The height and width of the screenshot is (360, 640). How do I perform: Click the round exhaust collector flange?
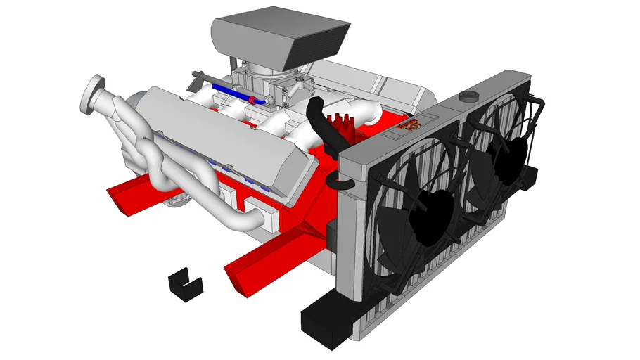coord(92,94)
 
